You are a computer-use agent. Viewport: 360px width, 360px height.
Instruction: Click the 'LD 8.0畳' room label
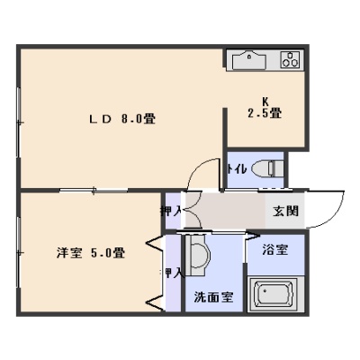121,119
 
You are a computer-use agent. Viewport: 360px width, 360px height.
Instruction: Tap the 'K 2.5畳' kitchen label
265,108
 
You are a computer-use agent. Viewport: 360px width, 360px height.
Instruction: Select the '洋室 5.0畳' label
91,253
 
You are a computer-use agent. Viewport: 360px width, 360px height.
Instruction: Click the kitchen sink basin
249,60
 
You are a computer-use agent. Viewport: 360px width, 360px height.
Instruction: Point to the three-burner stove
290,59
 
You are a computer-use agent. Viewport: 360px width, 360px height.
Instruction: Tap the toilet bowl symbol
268,168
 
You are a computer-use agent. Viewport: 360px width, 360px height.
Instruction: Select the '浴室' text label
275,249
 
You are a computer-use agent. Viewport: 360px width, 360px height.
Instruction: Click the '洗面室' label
213,297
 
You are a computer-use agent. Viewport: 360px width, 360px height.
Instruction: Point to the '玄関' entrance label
285,211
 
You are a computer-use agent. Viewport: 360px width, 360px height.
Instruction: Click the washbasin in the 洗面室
198,255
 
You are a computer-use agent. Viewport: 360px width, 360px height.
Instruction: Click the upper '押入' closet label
171,211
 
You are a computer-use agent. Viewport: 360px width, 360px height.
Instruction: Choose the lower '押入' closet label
171,273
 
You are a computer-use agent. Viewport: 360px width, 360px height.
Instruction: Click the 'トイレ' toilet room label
237,169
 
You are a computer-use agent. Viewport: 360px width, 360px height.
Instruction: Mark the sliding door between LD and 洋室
94,190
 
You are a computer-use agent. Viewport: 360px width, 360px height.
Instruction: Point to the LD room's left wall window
19,122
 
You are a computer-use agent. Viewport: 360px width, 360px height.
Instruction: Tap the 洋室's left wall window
19,253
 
